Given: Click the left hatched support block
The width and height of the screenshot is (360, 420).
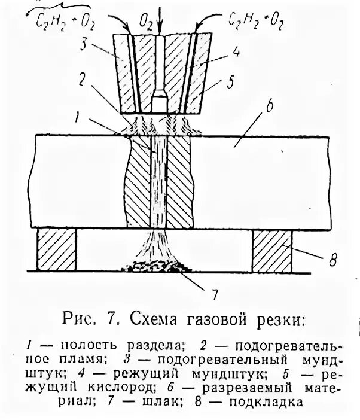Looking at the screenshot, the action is point(57,249).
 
